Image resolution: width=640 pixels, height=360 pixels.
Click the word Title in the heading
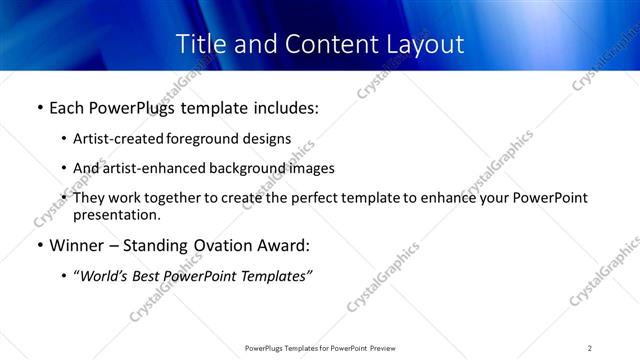(x=201, y=44)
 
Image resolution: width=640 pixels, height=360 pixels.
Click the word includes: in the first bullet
(x=282, y=107)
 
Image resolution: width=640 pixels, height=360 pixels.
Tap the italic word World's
(x=105, y=276)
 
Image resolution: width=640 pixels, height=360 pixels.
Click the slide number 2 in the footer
(x=590, y=348)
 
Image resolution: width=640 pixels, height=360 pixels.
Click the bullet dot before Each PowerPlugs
(x=39, y=108)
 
